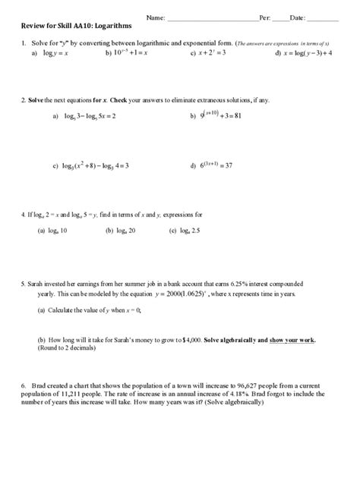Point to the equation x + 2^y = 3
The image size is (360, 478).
pos(207,55)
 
